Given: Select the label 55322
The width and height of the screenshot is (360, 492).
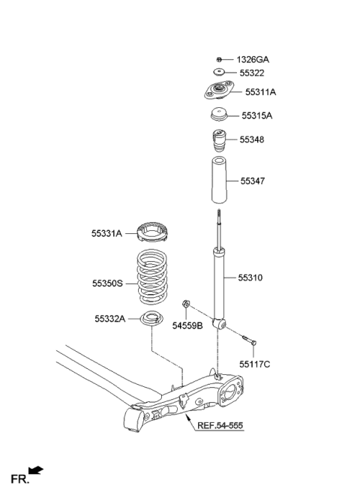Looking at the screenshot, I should coord(252,73).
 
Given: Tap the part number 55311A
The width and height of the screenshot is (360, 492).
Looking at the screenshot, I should coord(261,93).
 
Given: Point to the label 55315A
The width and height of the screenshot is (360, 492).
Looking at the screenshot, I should coord(257,116).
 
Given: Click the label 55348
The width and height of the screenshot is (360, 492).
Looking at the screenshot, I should coord(252,139).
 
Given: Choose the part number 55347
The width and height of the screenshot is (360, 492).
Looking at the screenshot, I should coord(253,181).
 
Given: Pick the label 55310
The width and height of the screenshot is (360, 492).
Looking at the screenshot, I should coord(250,277).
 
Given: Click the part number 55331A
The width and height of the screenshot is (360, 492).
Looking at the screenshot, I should coord(107,234).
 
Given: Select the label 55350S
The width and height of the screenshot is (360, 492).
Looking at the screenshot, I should coord(109,283).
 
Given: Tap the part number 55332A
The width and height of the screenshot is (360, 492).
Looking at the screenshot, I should coord(110,318).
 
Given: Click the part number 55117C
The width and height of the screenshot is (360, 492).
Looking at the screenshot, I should coord(255,364).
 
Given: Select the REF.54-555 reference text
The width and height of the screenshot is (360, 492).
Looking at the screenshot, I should coord(220,426).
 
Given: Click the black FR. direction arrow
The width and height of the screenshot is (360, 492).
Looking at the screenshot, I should coord(36,470).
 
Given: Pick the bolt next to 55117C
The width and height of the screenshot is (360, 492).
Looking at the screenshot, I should coord(250,342).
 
